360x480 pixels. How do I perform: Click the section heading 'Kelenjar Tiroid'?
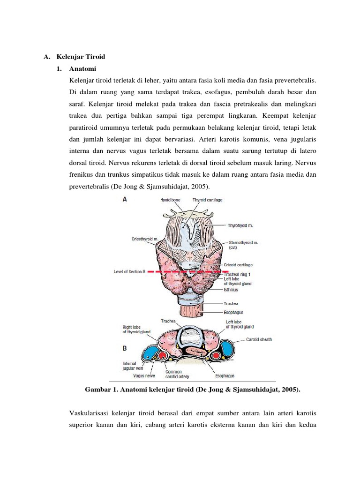click(81, 57)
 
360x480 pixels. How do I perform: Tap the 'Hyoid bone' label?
click(169, 200)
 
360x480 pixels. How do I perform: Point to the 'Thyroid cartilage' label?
click(207, 200)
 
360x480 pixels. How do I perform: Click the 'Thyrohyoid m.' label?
click(240, 225)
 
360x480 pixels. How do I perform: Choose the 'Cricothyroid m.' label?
click(146, 239)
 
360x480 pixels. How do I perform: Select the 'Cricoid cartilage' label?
click(241, 265)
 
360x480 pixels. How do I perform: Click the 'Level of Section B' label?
click(130, 271)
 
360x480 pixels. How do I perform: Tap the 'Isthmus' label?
click(231, 290)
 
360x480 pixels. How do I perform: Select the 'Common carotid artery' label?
click(176, 375)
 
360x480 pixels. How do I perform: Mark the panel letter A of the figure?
click(125, 199)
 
